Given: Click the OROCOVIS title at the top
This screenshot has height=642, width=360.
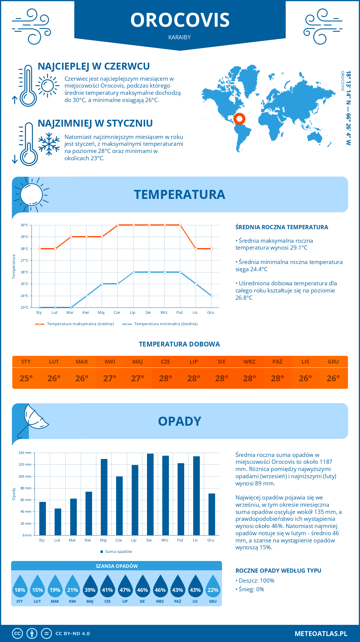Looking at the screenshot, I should pos(180,20).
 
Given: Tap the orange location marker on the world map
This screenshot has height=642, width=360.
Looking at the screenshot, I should pos(239,119).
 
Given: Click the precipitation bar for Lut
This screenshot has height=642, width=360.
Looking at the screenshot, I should pos(58,522).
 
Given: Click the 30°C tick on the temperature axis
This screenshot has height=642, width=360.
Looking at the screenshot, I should pos(25,225).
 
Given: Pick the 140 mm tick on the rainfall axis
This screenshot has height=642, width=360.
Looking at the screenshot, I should pos(25,453).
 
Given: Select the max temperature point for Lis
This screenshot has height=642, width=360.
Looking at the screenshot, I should pos(196,249).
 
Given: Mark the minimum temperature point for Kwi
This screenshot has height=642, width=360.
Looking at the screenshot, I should pos(86,296).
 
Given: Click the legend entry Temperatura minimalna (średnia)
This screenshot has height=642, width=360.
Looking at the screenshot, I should pos(166,324).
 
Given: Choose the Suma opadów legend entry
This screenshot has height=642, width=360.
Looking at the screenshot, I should pos(118,552).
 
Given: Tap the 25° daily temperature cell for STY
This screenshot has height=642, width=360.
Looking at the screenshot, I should pos(26,378).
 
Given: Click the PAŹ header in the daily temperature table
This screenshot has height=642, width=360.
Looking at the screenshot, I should pos(277,362).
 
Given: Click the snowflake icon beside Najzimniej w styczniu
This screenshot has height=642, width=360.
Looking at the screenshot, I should pos(49,144).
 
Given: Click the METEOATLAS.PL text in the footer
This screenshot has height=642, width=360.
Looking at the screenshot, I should pos(321,634).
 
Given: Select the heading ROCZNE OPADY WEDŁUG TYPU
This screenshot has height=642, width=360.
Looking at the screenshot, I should pos(278,571).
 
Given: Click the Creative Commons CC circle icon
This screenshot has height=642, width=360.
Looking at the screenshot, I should pos(17,634).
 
